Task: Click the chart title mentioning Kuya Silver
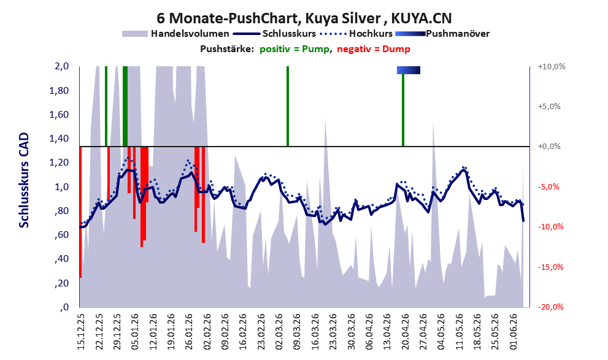click(304, 18)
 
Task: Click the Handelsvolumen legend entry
click(175, 34)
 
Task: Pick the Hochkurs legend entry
click(356, 34)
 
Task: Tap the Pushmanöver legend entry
click(442, 34)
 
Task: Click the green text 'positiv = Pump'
click(294, 49)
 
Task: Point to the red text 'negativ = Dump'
click(374, 49)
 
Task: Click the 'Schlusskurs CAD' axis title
click(24, 180)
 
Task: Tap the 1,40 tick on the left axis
click(59, 139)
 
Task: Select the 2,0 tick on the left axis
click(61, 66)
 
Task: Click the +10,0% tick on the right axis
click(552, 67)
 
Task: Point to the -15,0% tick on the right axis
click(550, 267)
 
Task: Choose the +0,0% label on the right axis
click(549, 147)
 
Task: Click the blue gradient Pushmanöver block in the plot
click(409, 70)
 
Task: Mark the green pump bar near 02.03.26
click(288, 106)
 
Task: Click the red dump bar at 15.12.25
click(80, 212)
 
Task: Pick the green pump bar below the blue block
click(403, 110)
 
